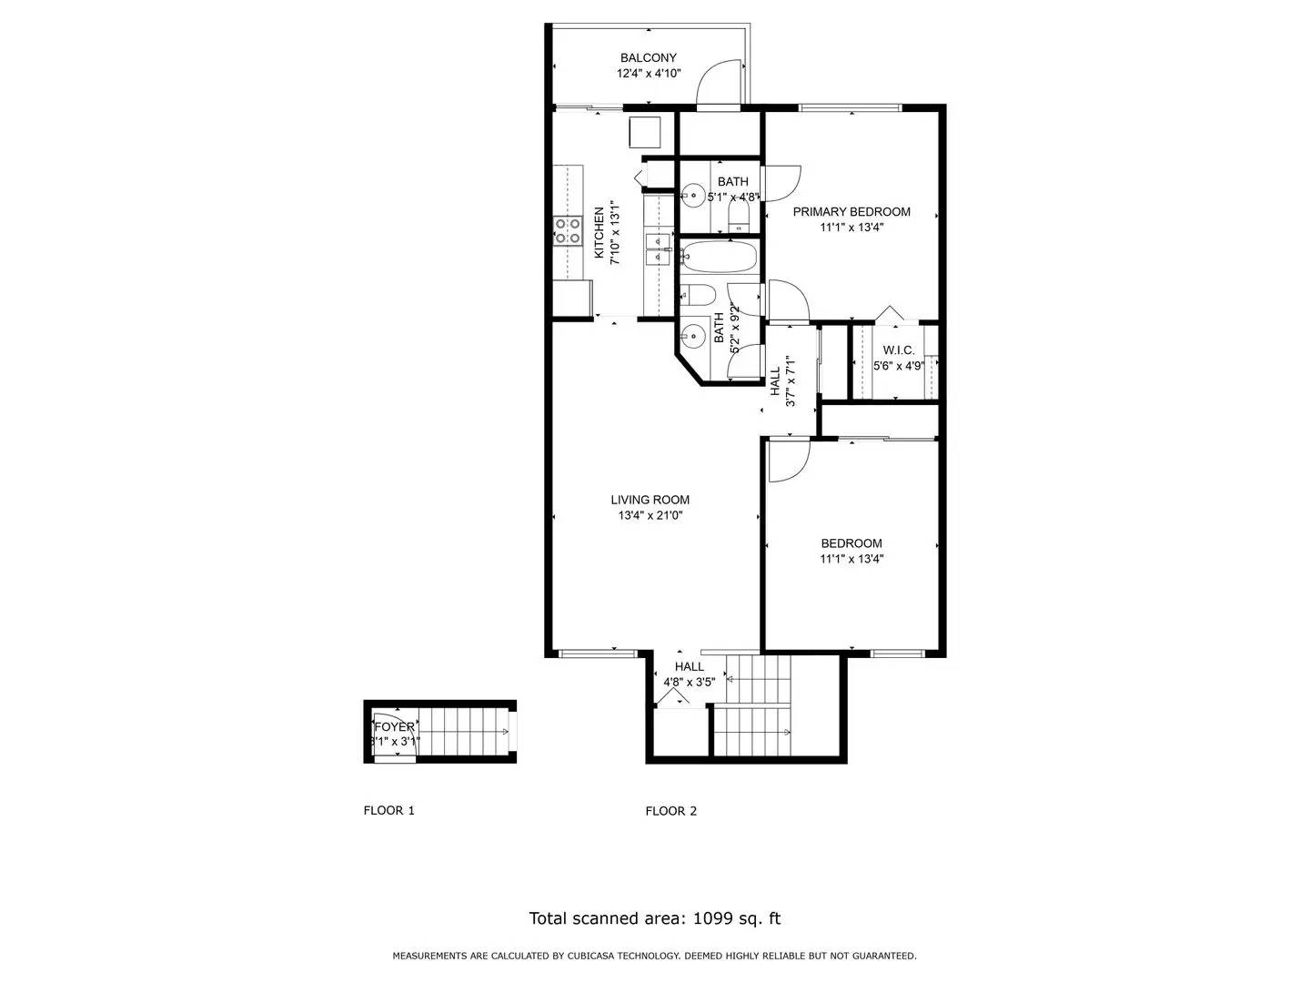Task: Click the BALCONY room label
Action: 649,58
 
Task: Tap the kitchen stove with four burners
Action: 569,231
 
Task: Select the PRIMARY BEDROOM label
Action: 851,212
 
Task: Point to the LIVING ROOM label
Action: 650,500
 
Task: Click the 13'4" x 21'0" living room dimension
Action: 650,515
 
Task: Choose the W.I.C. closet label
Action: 899,350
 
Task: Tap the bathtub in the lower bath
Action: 719,257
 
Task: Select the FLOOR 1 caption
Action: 388,810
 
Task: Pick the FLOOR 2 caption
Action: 670,811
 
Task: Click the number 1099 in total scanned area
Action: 713,918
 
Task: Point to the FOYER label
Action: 395,727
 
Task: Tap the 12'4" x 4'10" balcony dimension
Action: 649,74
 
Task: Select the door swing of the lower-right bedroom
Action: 786,460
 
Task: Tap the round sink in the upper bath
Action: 694,194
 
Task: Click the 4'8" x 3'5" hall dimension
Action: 689,682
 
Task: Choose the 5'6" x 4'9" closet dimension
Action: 899,366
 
